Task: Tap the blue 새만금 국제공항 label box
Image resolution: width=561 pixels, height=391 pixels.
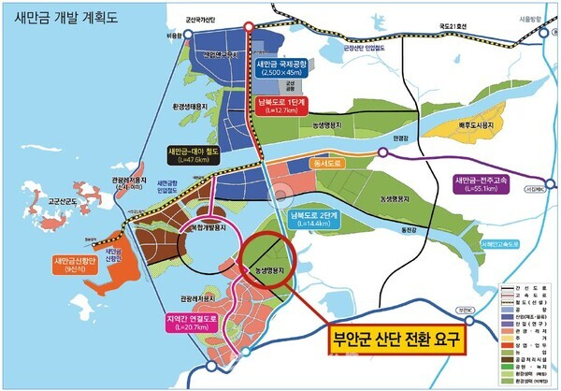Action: click(x=288, y=68)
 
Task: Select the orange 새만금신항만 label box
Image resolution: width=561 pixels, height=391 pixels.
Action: click(x=73, y=263)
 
